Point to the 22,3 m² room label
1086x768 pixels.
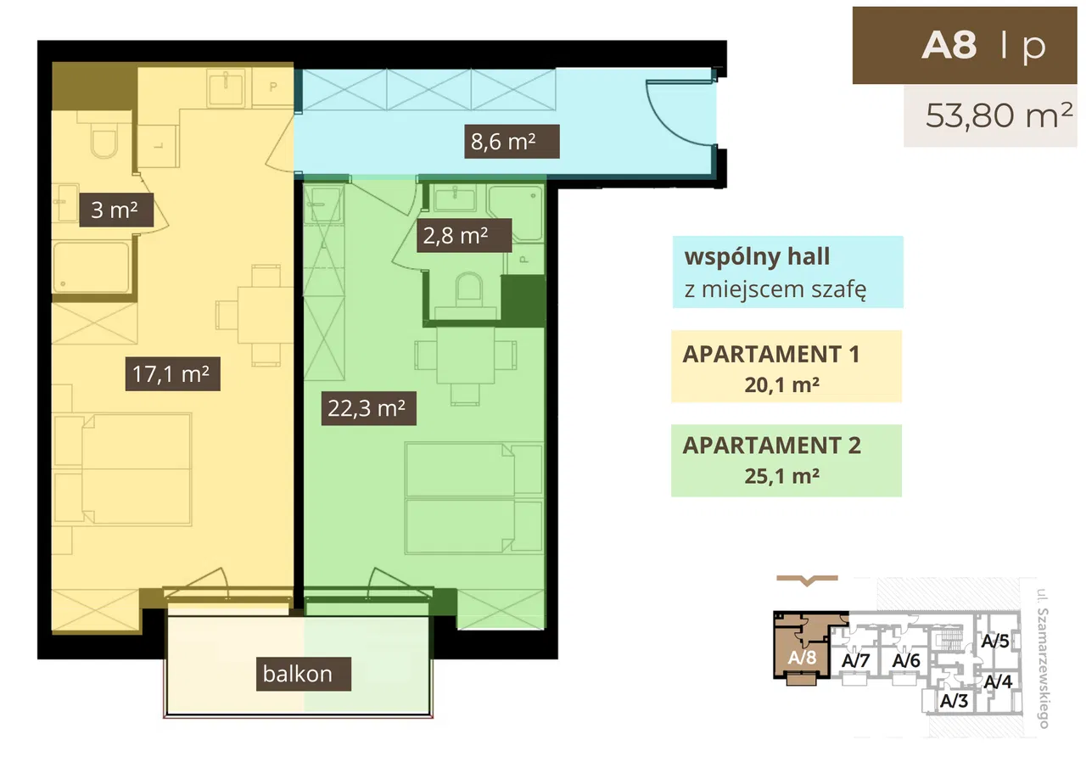click(x=368, y=408)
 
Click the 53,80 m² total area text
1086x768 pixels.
click(x=999, y=115)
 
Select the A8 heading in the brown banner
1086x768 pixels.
click(x=949, y=46)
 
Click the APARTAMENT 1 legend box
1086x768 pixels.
click(x=787, y=367)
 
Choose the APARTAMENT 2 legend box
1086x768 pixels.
click(x=787, y=461)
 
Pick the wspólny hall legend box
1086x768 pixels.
click(x=788, y=272)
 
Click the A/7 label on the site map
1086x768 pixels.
click(x=856, y=660)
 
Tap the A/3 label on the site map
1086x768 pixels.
click(x=954, y=701)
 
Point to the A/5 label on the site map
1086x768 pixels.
click(x=995, y=641)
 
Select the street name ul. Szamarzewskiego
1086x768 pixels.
click(x=1043, y=659)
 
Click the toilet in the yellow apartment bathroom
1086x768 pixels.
click(x=104, y=138)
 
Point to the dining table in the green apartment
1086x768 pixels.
click(x=466, y=356)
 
